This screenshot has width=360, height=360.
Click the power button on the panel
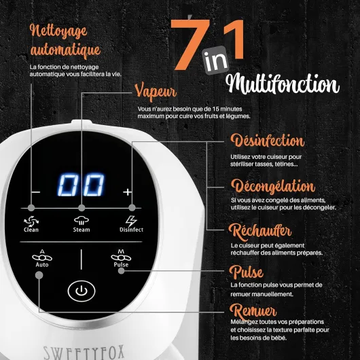tap(82, 291)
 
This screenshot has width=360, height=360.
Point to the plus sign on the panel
tap(127, 192)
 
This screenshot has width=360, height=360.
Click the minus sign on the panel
tap(35, 192)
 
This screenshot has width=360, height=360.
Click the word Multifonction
tap(283, 84)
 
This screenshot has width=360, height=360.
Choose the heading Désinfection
tap(267, 141)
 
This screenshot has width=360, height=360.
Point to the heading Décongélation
tap(272, 185)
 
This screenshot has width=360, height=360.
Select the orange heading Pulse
tap(247, 272)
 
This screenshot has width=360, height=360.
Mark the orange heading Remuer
tap(253, 310)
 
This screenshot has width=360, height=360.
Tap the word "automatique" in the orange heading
tap(66, 50)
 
